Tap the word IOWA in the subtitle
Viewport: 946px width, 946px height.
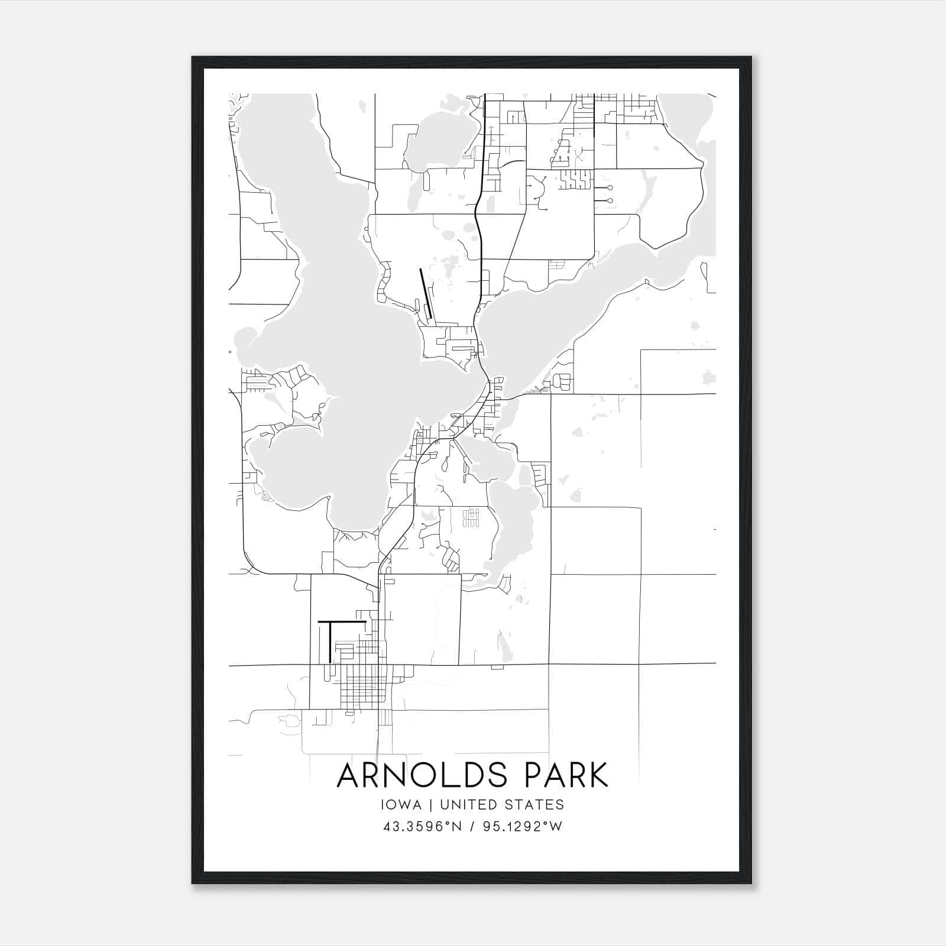pyautogui.click(x=402, y=805)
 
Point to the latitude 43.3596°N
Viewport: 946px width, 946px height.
pyautogui.click(x=422, y=827)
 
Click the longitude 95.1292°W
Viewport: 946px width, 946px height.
pyautogui.click(x=523, y=827)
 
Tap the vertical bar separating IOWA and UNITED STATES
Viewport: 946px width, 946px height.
pyautogui.click(x=430, y=805)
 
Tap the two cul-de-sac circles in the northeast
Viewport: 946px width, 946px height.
pyautogui.click(x=610, y=194)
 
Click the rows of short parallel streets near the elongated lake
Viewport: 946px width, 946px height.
pyautogui.click(x=470, y=517)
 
